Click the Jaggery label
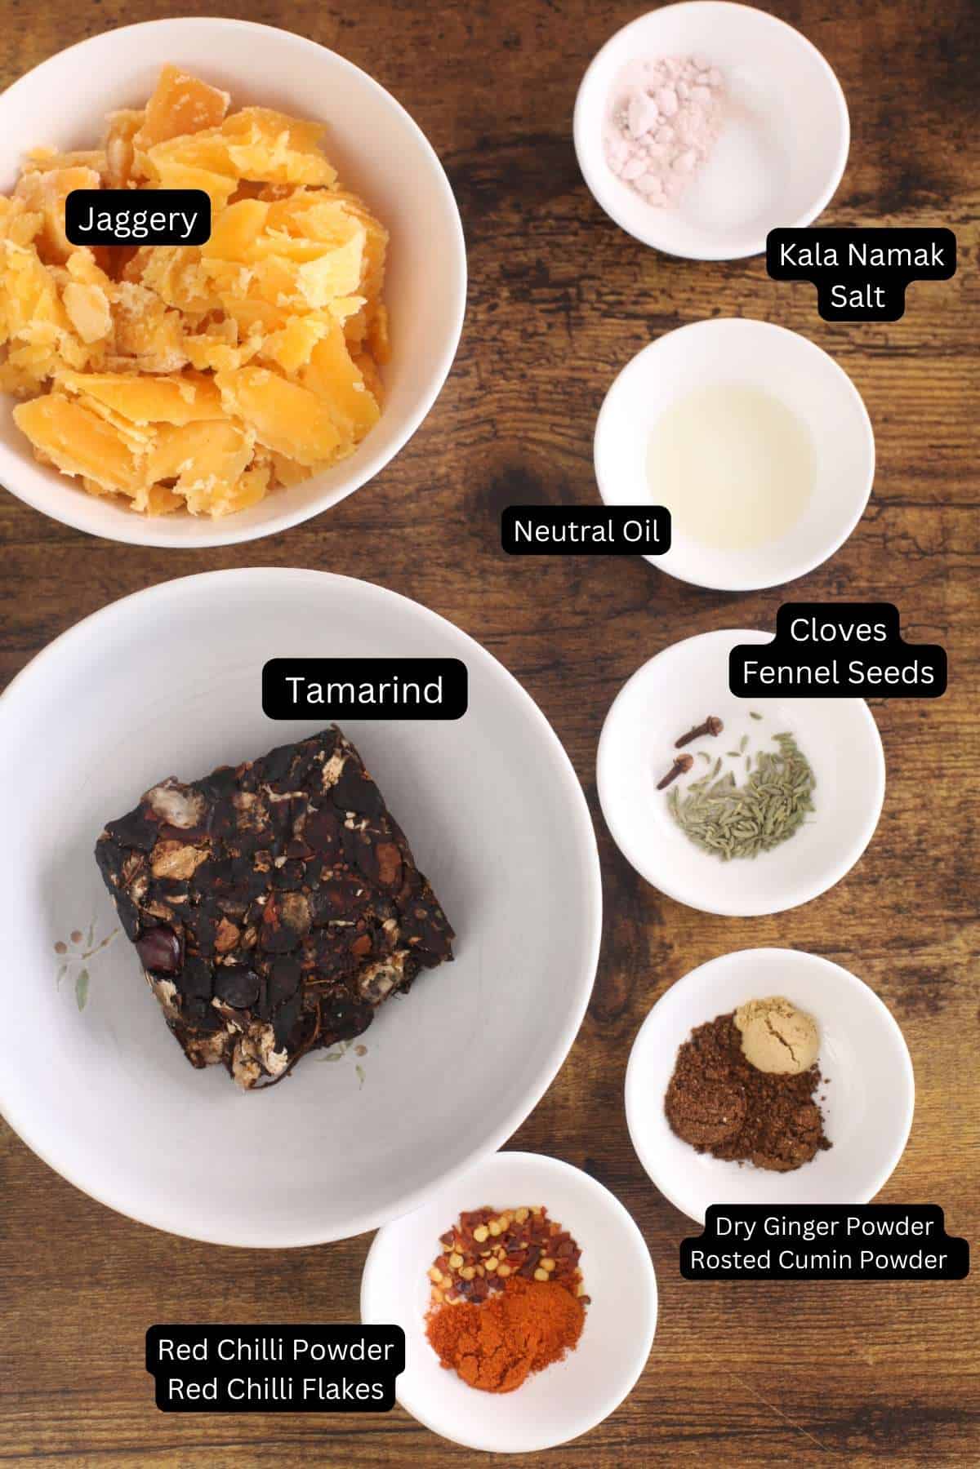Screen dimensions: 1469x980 pos(137,219)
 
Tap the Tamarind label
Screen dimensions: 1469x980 pos(364,690)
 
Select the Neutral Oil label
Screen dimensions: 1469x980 pos(586,531)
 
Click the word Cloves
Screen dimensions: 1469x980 pos(837,630)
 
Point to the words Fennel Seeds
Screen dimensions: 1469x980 pos(837,672)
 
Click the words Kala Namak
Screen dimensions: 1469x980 pos(861,255)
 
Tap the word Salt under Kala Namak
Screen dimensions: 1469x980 pos(857,295)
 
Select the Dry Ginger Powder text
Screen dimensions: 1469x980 pos(823,1226)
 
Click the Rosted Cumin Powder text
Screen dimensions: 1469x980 pos(817,1259)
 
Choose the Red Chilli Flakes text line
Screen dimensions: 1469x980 pos(275,1388)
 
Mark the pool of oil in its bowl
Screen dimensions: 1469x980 pos(731,457)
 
